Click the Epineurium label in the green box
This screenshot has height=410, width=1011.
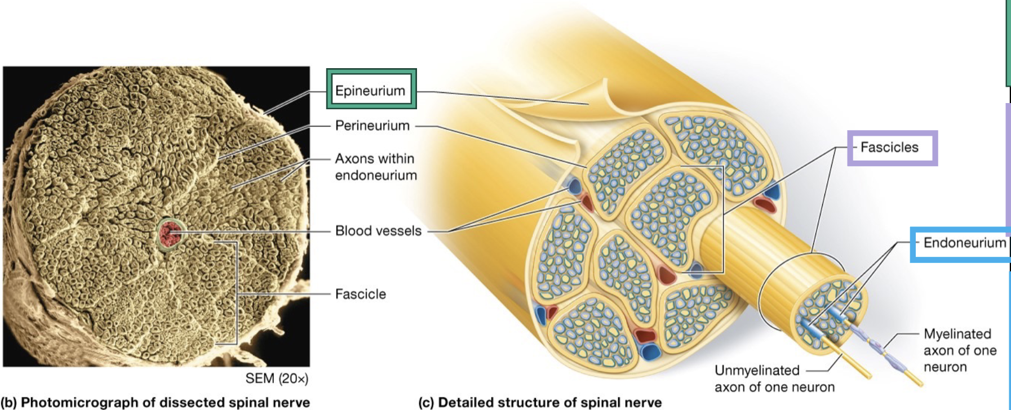pyautogui.click(x=370, y=90)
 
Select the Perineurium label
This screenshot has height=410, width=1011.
pyautogui.click(x=372, y=126)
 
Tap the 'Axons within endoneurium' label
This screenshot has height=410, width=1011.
pyautogui.click(x=376, y=167)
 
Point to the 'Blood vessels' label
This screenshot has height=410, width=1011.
pyautogui.click(x=378, y=231)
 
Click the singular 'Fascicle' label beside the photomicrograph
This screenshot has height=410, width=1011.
pyautogui.click(x=360, y=294)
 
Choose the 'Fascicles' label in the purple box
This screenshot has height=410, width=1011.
pyautogui.click(x=889, y=148)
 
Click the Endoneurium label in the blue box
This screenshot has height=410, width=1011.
pyautogui.click(x=964, y=243)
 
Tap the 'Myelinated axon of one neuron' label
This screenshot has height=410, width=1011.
pyautogui.click(x=960, y=350)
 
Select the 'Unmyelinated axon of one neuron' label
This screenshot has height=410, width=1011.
pyautogui.click(x=774, y=378)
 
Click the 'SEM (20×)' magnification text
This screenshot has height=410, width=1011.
pyautogui.click(x=277, y=378)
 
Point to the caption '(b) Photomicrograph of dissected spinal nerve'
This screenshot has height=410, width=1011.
pyautogui.click(x=156, y=402)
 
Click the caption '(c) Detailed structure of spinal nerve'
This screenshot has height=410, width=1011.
pyautogui.click(x=540, y=402)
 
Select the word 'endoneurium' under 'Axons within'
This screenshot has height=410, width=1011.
pyautogui.click(x=376, y=175)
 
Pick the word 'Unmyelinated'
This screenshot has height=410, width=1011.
pyautogui.click(x=757, y=370)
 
